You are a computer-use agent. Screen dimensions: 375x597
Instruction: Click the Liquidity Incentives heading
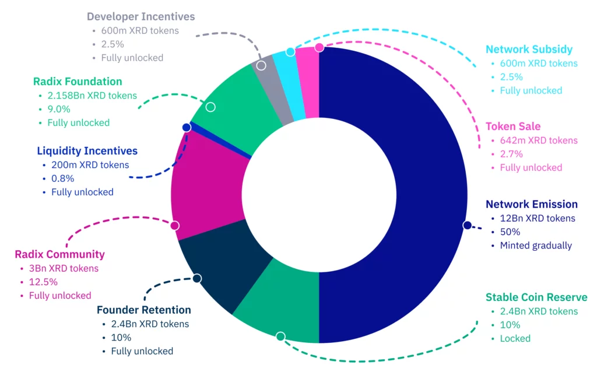pyautogui.click(x=87, y=151)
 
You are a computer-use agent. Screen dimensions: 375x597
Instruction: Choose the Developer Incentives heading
pyautogui.click(x=141, y=17)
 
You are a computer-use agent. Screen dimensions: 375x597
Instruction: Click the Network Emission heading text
pyautogui.click(x=531, y=204)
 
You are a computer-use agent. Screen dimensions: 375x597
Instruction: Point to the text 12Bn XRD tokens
pyautogui.click(x=537, y=219)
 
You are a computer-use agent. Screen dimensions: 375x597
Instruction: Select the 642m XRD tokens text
pyautogui.click(x=539, y=141)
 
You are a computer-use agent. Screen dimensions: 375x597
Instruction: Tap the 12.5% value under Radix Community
pyautogui.click(x=43, y=282)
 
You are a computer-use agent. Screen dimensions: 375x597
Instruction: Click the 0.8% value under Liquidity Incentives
pyautogui.click(x=62, y=178)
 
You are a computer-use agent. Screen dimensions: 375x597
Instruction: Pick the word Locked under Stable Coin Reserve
pyautogui.click(x=515, y=339)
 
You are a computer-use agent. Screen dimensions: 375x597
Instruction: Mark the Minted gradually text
pyautogui.click(x=536, y=246)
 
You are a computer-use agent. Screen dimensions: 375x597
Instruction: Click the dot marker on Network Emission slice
pyautogui.click(x=467, y=225)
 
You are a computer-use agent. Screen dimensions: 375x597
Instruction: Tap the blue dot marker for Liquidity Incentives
pyautogui.click(x=187, y=127)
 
